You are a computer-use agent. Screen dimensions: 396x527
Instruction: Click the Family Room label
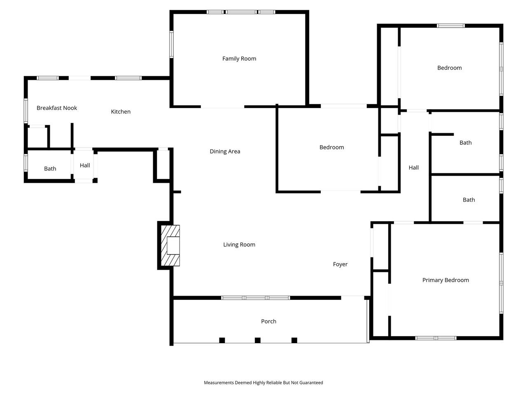click(239, 59)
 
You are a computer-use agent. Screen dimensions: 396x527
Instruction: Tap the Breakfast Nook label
click(57, 108)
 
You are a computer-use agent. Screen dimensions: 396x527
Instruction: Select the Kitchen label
click(121, 112)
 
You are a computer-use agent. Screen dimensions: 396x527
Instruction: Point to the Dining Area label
click(225, 151)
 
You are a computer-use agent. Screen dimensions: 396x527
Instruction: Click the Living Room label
click(239, 245)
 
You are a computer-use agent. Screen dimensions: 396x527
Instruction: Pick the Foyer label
click(340, 264)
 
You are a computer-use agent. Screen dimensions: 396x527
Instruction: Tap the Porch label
click(268, 321)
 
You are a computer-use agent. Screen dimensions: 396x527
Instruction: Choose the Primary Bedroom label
click(445, 280)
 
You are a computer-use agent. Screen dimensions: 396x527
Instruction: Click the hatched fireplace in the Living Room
click(170, 245)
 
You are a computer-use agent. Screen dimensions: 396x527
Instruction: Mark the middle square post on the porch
click(258, 340)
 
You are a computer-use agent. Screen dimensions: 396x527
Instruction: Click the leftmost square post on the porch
click(222, 340)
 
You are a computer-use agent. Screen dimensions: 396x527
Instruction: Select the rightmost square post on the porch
click(294, 340)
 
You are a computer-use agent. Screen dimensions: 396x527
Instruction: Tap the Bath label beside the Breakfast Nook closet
click(50, 169)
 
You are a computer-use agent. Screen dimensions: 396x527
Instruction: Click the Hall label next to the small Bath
click(85, 165)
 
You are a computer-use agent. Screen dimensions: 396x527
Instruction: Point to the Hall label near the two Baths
click(414, 167)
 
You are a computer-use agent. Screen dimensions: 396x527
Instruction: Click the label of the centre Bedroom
click(331, 147)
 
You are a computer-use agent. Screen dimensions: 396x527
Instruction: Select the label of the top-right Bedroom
click(449, 68)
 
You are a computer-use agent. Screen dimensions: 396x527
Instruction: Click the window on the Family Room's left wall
click(172, 44)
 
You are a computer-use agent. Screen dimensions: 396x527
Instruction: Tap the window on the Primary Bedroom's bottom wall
click(436, 338)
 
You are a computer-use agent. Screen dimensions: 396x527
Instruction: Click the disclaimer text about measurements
click(263, 383)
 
